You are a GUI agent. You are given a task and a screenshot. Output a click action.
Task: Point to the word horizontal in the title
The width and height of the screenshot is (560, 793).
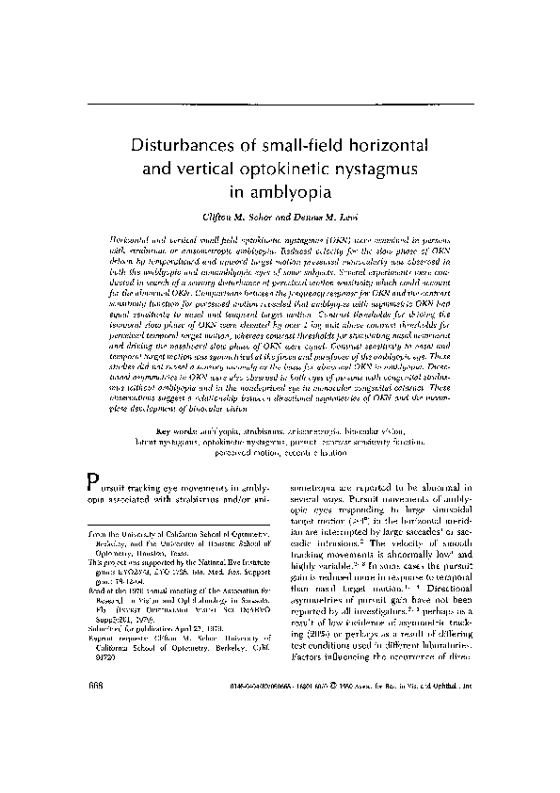point(386,147)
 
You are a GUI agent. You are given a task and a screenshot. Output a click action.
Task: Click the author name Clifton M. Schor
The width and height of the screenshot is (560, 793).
point(251,217)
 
